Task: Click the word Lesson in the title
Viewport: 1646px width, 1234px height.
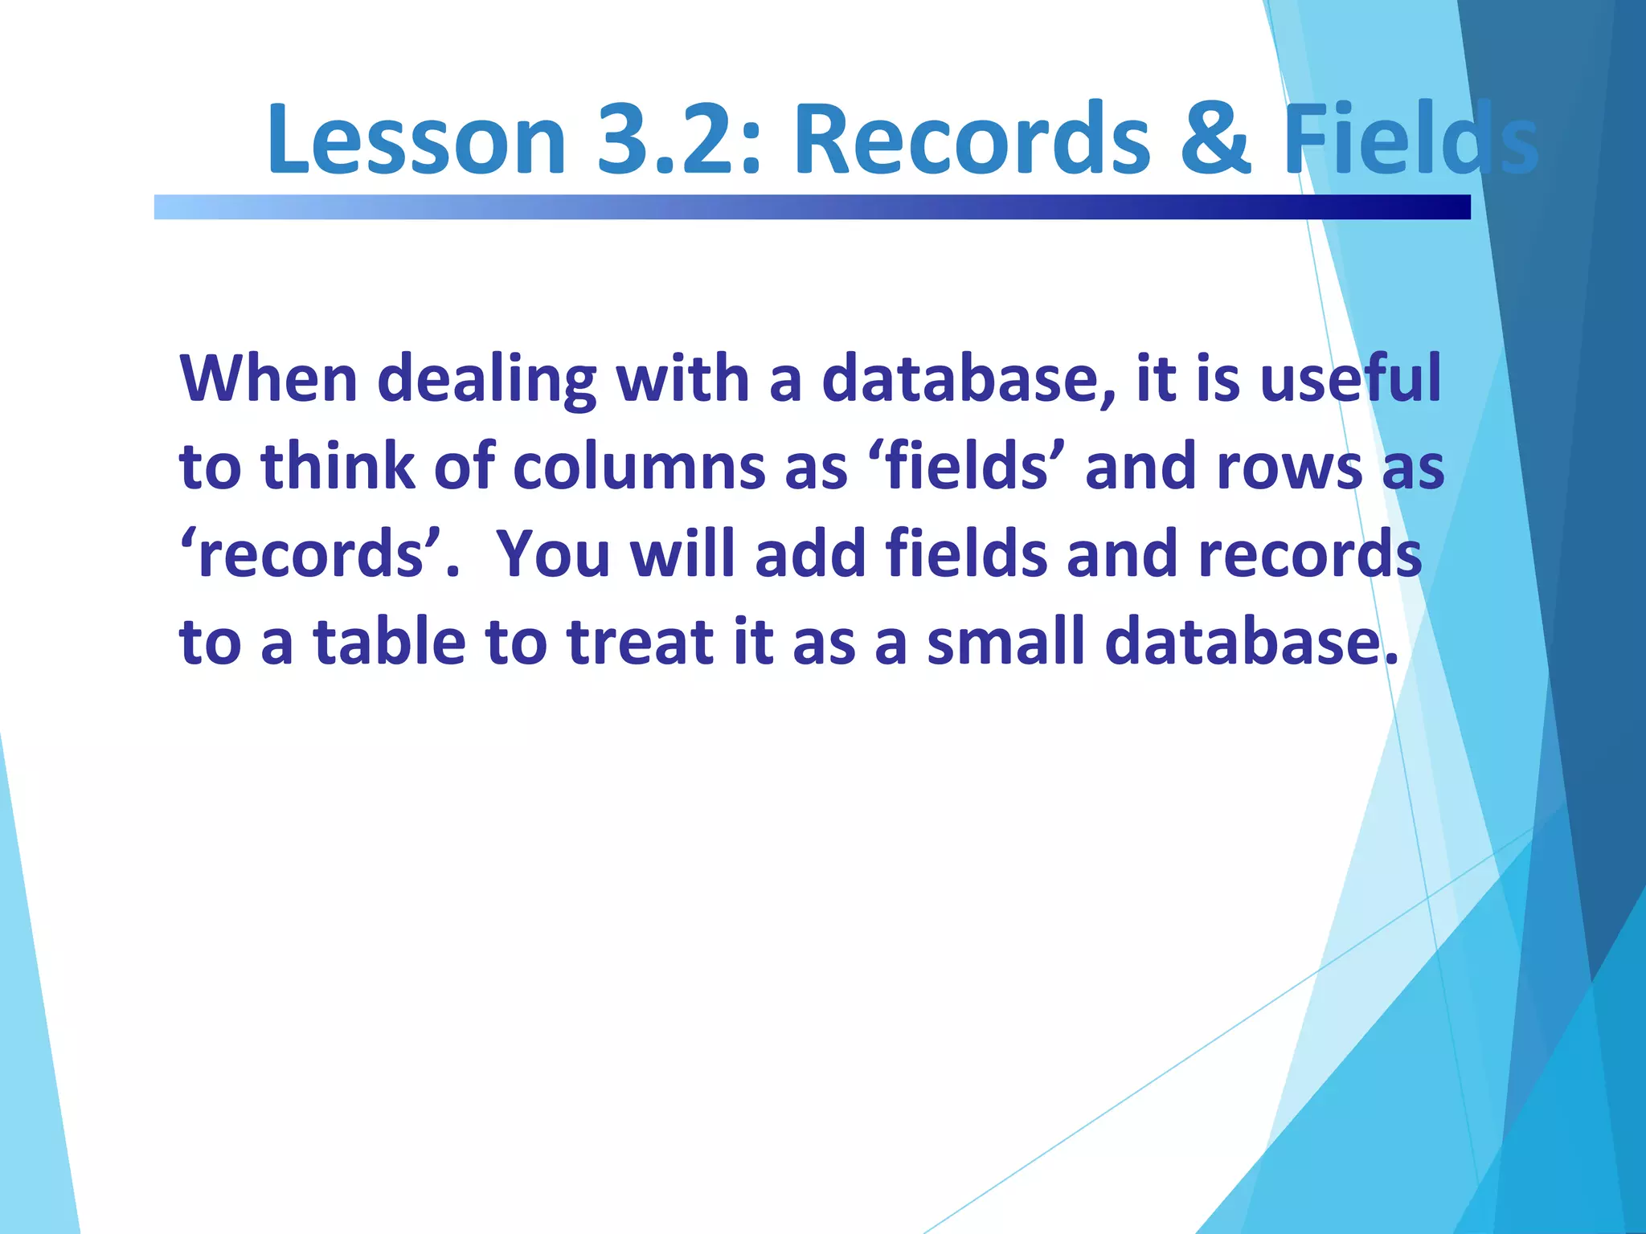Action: [x=416, y=138]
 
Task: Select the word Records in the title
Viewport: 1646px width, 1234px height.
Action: [x=972, y=138]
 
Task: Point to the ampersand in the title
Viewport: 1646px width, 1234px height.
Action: [x=1215, y=138]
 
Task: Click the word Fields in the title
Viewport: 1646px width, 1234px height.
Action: [x=1410, y=138]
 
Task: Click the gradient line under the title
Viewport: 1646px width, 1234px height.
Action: [x=812, y=206]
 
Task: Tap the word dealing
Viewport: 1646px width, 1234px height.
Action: [x=486, y=379]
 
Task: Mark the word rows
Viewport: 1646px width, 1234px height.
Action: [x=1290, y=468]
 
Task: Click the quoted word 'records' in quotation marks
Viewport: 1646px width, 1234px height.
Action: [x=309, y=554]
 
